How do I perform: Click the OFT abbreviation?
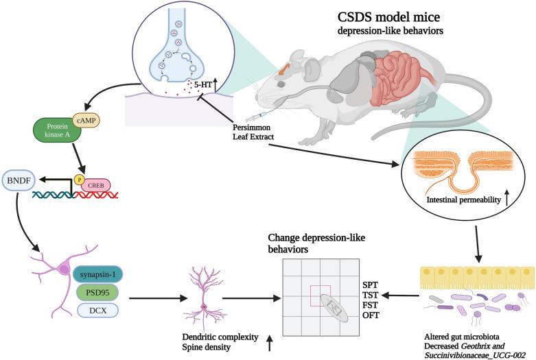pos(370,315)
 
